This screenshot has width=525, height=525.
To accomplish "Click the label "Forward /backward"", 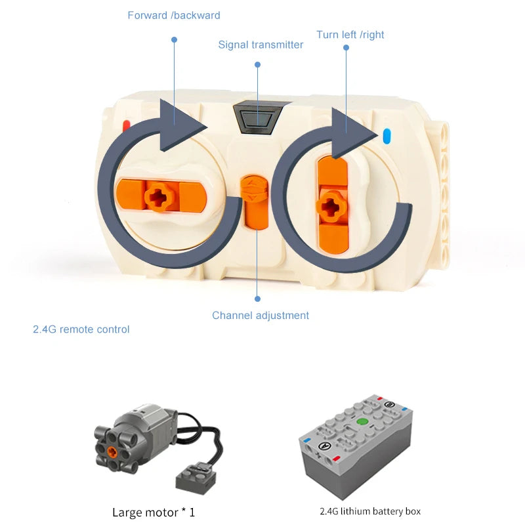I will tap(174, 15).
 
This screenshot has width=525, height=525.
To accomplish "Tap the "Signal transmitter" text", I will tap(261, 45).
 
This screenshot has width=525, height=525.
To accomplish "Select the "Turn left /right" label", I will tap(350, 34).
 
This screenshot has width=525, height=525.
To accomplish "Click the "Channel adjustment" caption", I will tap(260, 315).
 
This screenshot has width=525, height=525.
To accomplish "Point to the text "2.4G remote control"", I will tap(81, 329).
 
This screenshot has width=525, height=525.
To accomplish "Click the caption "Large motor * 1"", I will tap(154, 512).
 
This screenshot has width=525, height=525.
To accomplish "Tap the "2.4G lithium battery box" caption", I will tap(370, 511).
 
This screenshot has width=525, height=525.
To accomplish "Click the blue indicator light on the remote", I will tap(386, 136).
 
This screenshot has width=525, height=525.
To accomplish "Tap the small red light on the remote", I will tap(126, 124).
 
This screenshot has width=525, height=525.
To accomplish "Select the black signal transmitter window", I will tap(257, 117).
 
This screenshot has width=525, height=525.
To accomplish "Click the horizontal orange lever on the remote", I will tap(160, 196).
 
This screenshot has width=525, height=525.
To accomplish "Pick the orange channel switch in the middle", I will tap(253, 201).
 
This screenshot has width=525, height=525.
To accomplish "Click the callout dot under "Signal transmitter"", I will tap(257, 65).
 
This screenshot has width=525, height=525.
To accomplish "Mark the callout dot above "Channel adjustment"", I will tap(257, 299).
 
